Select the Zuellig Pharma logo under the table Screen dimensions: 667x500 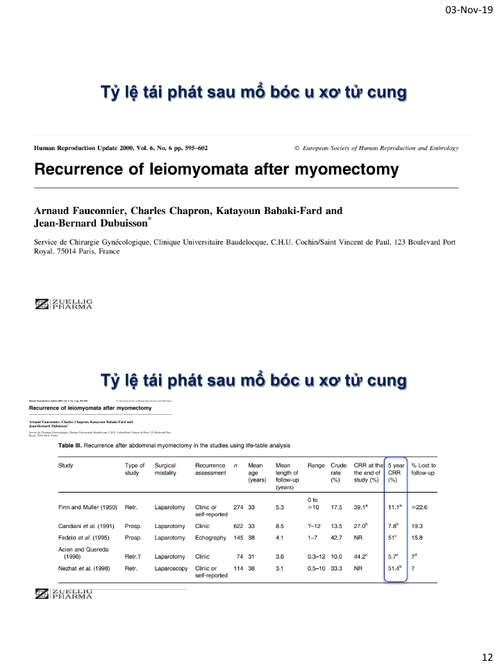[x=64, y=593]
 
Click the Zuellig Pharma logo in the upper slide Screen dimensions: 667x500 [x=64, y=304]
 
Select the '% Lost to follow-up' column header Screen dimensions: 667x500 [x=428, y=469]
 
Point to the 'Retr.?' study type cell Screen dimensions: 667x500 [x=135, y=557]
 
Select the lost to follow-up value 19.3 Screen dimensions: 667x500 [x=417, y=526]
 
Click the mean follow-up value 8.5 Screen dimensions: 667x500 [x=280, y=526]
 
